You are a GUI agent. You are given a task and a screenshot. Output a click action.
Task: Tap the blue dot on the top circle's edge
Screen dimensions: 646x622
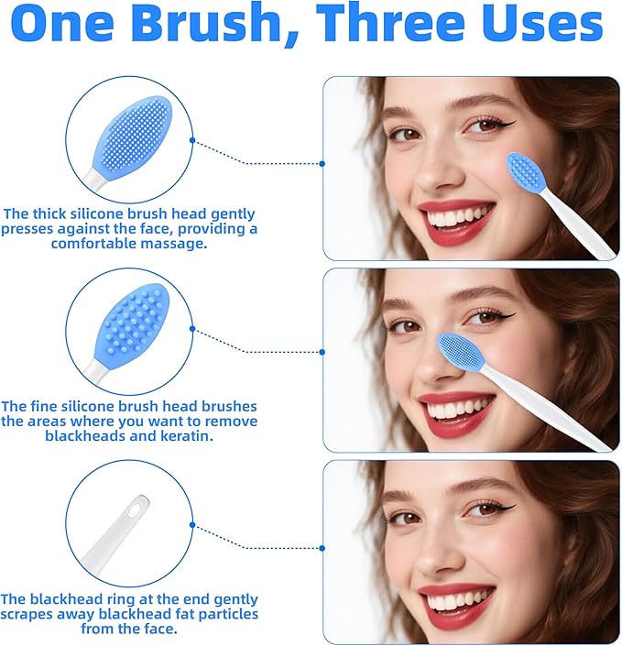(x=192, y=140)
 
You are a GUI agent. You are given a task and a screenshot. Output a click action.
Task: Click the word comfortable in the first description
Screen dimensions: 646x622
(x=95, y=244)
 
